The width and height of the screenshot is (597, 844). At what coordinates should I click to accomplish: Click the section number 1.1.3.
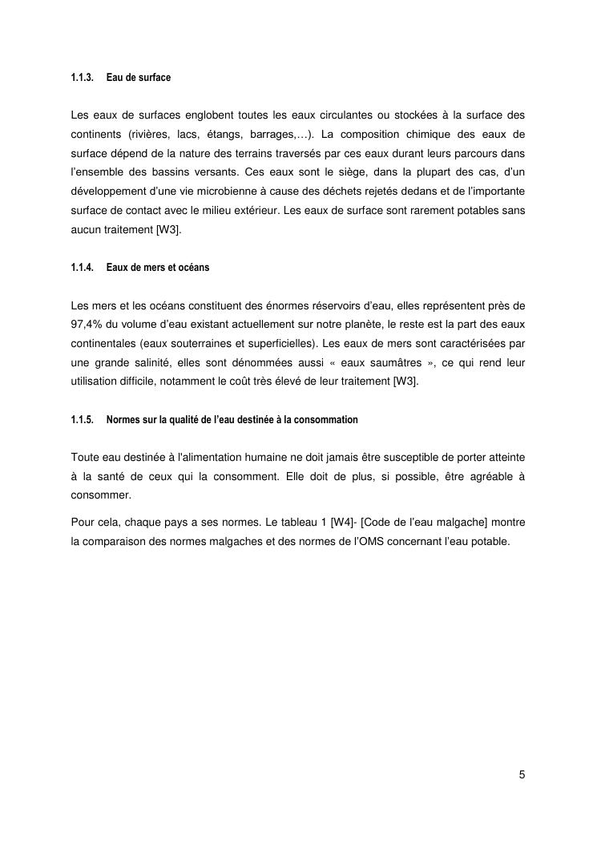pyautogui.click(x=82, y=78)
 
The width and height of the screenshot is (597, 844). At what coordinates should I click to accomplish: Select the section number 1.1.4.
pyautogui.click(x=82, y=268)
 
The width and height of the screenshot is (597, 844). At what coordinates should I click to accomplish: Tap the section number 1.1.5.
pyautogui.click(x=82, y=419)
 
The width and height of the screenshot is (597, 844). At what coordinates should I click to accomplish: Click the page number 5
pyautogui.click(x=522, y=774)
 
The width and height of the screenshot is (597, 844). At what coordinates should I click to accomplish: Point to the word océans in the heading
pyautogui.click(x=192, y=268)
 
